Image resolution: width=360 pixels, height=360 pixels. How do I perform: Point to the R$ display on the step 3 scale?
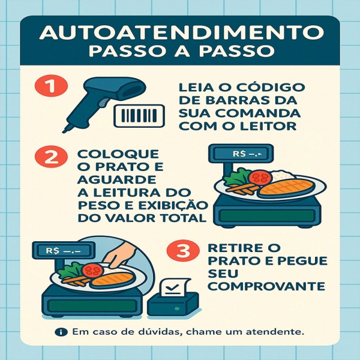pos(61,248)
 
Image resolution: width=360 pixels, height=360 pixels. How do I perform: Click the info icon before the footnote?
pos(61,332)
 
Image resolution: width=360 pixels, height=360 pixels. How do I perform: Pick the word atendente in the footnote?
pos(277,332)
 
